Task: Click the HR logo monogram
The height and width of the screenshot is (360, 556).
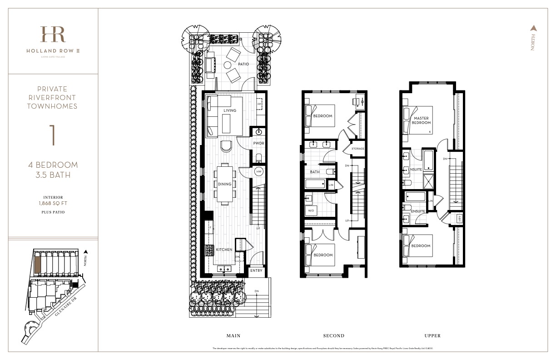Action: (x=53, y=35)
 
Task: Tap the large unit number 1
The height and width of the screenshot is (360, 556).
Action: (x=53, y=135)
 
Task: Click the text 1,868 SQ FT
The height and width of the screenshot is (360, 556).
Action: (x=53, y=204)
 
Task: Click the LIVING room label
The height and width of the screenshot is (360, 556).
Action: (x=230, y=110)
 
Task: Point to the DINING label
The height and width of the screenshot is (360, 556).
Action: (x=224, y=184)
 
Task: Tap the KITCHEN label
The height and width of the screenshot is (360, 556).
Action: (x=224, y=250)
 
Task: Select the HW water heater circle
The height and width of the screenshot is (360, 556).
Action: (x=259, y=171)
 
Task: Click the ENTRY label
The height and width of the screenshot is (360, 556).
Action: (x=256, y=270)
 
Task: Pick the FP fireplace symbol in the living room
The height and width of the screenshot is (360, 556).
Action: (x=259, y=104)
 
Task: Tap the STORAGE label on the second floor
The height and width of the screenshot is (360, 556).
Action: (x=357, y=149)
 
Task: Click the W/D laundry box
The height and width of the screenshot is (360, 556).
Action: (x=311, y=210)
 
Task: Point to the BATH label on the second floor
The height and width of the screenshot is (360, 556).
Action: (x=315, y=172)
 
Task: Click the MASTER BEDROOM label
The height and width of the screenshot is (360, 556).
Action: (x=421, y=120)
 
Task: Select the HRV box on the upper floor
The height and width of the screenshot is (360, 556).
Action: (x=459, y=219)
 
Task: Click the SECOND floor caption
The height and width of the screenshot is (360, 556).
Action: (x=333, y=336)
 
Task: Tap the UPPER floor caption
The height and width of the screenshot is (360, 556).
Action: (x=432, y=336)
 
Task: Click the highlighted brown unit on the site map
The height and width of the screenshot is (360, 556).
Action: (x=39, y=264)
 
